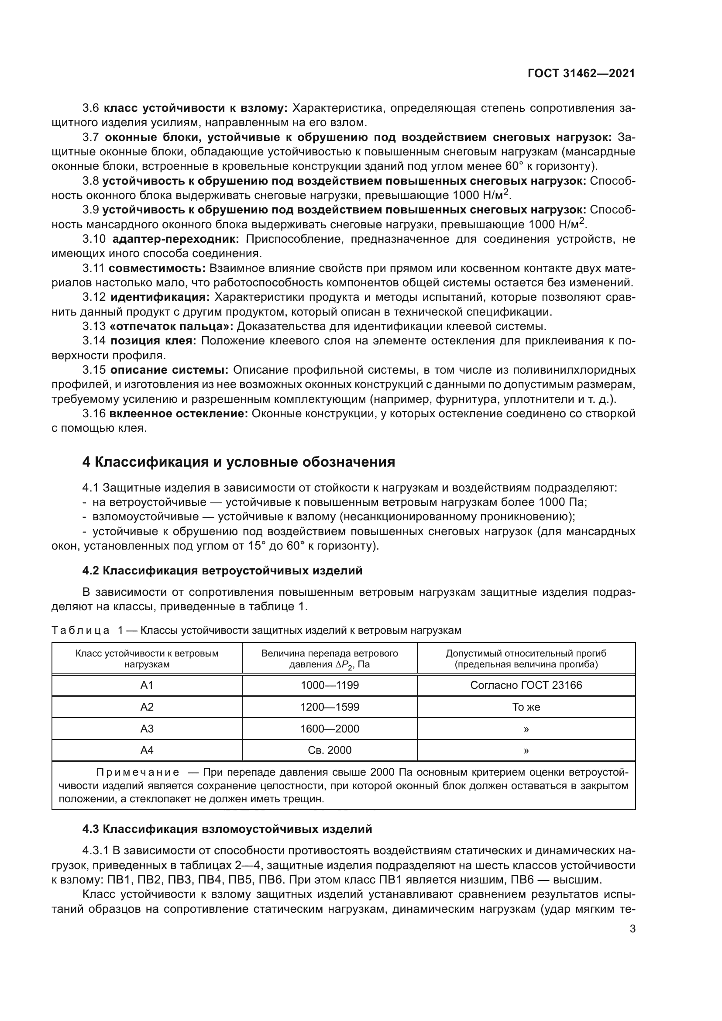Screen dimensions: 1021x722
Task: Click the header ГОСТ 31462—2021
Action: point(581,73)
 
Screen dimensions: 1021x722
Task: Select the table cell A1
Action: point(147,685)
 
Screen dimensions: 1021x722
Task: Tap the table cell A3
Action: point(147,729)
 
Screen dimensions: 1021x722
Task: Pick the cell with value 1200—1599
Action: point(330,707)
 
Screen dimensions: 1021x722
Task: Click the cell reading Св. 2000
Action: point(330,751)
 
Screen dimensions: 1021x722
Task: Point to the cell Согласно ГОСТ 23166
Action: point(526,685)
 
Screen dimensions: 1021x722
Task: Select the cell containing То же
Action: point(526,707)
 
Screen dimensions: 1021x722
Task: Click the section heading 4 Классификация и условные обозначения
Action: point(239,462)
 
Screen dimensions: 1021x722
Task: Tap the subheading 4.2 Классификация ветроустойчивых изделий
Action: point(222,571)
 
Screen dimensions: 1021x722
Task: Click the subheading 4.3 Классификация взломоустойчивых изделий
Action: point(227,829)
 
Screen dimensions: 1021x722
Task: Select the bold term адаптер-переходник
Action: point(175,239)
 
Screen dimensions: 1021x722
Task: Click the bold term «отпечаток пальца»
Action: point(171,327)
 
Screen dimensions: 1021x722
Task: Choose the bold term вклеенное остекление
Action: point(178,413)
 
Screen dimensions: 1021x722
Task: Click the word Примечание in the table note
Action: point(138,773)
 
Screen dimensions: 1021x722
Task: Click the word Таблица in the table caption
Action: point(80,631)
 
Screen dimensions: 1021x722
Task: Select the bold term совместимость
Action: point(157,268)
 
